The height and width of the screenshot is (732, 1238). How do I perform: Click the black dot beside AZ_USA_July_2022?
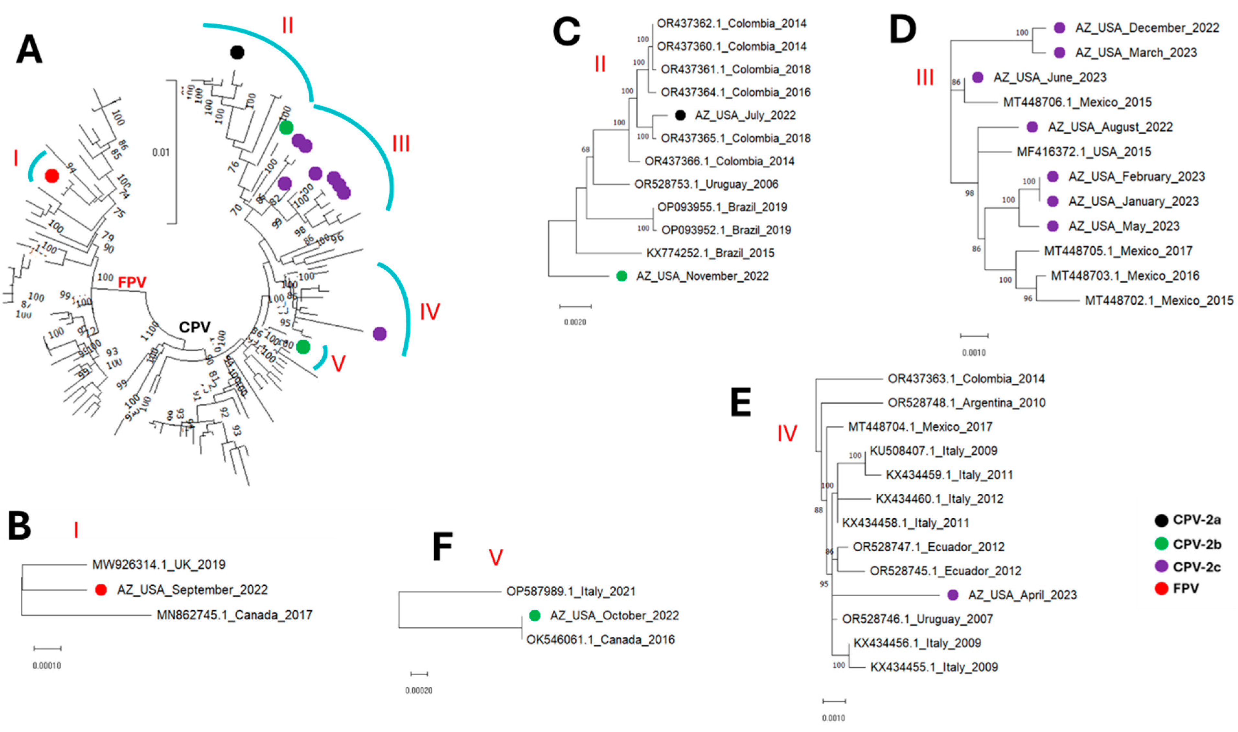tap(680, 116)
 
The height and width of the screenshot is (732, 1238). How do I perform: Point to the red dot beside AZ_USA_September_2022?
tap(101, 590)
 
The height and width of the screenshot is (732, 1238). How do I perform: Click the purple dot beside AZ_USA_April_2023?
tap(953, 595)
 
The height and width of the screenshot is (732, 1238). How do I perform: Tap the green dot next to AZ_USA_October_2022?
tap(535, 615)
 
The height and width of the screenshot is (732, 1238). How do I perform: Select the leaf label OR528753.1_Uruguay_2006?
tap(706, 185)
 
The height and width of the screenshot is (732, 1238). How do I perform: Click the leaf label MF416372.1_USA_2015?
tap(1084, 152)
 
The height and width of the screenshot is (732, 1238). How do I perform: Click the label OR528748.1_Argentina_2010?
tap(966, 403)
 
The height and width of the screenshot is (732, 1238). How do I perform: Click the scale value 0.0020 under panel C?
tap(575, 322)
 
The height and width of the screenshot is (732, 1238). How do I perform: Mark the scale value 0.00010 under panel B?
tap(47, 665)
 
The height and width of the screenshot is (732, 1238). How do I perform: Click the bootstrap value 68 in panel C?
tap(585, 150)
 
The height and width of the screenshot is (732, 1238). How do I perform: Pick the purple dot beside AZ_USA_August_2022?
tap(1032, 127)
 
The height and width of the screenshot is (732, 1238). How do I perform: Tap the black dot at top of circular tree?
tap(237, 52)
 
